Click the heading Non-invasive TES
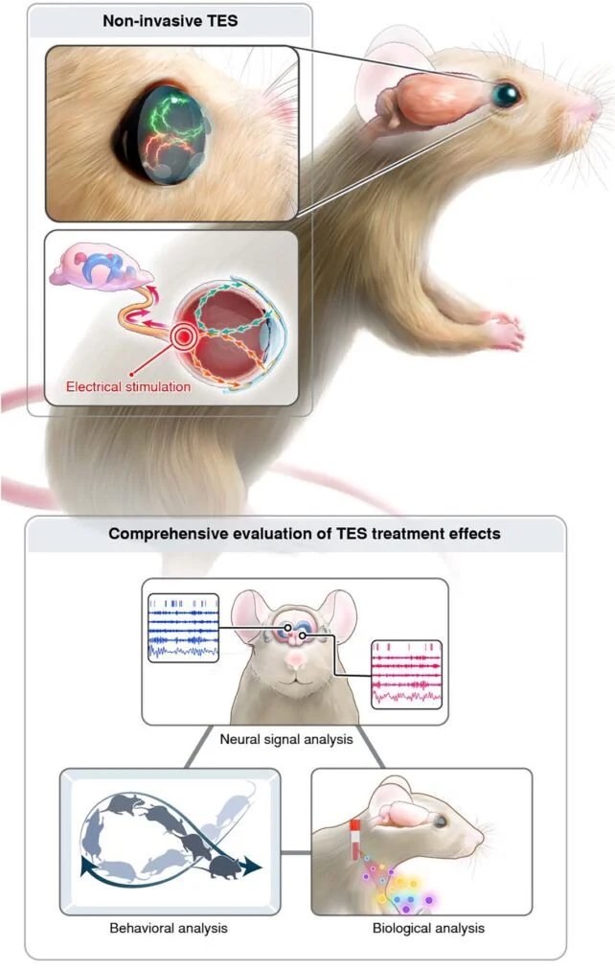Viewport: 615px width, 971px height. click(171, 20)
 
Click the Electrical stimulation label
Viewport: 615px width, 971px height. click(128, 386)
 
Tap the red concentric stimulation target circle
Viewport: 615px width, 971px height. click(183, 336)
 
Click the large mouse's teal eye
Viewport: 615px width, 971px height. click(506, 94)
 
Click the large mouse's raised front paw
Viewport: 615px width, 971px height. click(504, 330)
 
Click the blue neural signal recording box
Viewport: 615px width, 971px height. click(183, 628)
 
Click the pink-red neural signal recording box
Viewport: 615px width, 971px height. click(406, 675)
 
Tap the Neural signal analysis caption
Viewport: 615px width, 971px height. click(286, 739)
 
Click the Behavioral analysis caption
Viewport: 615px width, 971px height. click(169, 928)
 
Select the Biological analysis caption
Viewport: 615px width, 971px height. click(428, 928)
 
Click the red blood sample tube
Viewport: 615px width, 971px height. click(355, 839)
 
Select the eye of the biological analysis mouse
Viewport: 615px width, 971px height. click(440, 821)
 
